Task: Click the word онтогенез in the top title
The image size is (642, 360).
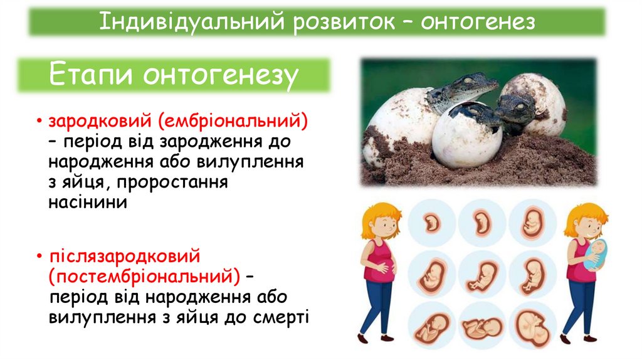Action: pos(478,23)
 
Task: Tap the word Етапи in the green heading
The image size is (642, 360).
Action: pos(93,75)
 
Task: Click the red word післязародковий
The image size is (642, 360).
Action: pos(124,257)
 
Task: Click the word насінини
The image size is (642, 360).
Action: pos(88,203)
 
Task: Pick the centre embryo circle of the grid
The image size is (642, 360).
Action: pos(481,273)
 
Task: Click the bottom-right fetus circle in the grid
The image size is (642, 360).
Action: pos(532,326)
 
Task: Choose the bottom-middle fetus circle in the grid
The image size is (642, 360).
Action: pos(481,326)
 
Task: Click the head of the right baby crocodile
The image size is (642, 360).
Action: pos(515,107)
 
